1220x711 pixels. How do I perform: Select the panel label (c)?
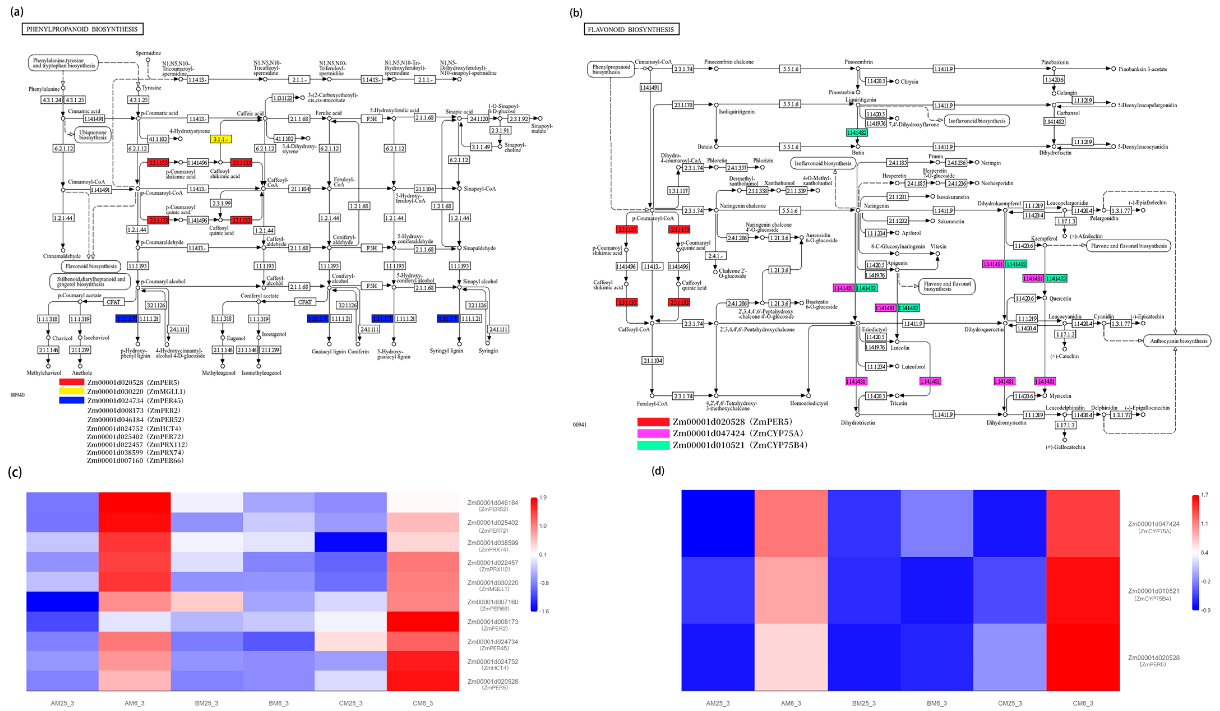(x=15, y=472)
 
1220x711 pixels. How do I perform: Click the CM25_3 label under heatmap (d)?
(x=1010, y=703)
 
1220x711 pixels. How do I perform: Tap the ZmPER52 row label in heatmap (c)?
(x=492, y=505)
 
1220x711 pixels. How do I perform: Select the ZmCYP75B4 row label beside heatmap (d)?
(x=1153, y=594)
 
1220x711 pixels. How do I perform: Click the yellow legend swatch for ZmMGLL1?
(x=72, y=391)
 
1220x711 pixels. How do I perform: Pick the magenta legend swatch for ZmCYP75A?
(x=653, y=433)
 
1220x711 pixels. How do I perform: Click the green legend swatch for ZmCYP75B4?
(x=653, y=445)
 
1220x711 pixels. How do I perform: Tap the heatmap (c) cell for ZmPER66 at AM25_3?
(x=62, y=602)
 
